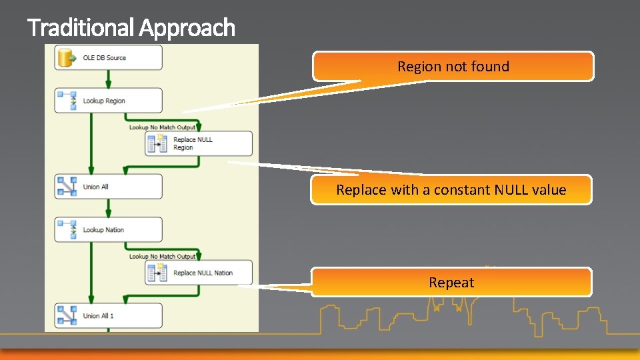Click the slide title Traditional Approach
click(x=131, y=28)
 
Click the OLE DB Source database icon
click(x=67, y=58)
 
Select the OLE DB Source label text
click(x=105, y=58)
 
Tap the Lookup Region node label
click(x=104, y=101)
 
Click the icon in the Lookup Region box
click(x=67, y=101)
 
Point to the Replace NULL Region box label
click(x=193, y=143)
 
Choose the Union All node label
click(x=96, y=187)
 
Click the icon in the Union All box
click(x=67, y=187)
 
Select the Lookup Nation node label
click(x=103, y=230)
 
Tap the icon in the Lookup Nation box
click(x=67, y=230)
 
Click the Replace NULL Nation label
click(x=203, y=273)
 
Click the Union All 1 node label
click(x=99, y=316)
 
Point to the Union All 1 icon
click(x=67, y=315)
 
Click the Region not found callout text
click(x=453, y=67)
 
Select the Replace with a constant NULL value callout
click(x=451, y=190)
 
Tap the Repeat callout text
click(x=451, y=283)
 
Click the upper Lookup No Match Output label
click(x=162, y=127)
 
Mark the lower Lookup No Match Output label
click(x=162, y=257)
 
